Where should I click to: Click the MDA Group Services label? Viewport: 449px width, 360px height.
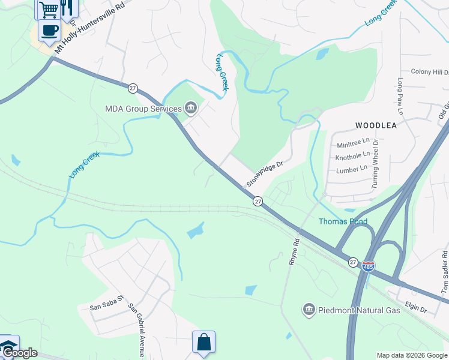pos(143,109)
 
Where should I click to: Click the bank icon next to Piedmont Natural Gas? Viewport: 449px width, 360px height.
pos(309,310)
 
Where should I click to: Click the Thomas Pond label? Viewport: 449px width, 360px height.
pos(343,221)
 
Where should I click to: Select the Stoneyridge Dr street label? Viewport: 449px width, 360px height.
pos(265,173)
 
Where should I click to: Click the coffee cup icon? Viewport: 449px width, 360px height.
pos(49,29)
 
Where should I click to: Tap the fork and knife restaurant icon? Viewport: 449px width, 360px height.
pos(67,7)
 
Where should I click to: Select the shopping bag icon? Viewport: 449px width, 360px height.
pos(203,342)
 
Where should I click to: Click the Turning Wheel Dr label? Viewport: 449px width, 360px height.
pos(375,164)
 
